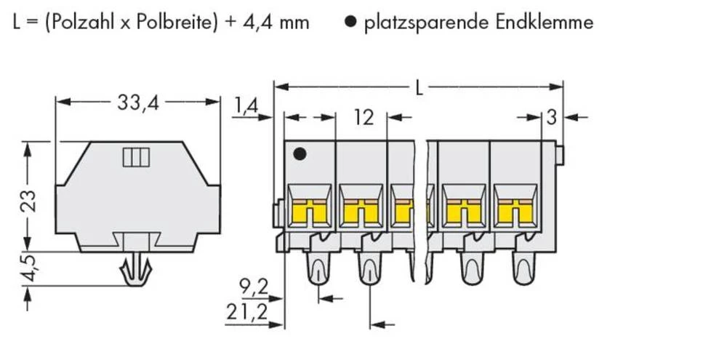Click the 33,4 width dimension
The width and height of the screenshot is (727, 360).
point(137,103)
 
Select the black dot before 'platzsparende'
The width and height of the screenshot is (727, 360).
point(350,23)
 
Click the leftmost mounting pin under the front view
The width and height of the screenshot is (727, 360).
point(318,269)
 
